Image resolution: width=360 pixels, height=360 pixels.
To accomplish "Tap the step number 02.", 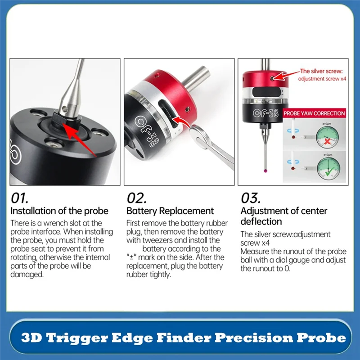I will (137, 198).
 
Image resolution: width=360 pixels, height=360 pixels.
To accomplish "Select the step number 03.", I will (251, 198).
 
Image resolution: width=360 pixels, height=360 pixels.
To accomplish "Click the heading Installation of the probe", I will (59, 211).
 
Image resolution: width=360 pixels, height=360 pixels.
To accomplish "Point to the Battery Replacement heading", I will (170, 211).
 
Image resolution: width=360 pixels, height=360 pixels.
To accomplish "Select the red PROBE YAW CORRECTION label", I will (314, 114).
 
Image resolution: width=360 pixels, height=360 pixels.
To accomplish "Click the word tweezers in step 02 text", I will (159, 240).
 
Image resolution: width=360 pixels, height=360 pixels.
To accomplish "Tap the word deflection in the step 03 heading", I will (261, 221).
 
